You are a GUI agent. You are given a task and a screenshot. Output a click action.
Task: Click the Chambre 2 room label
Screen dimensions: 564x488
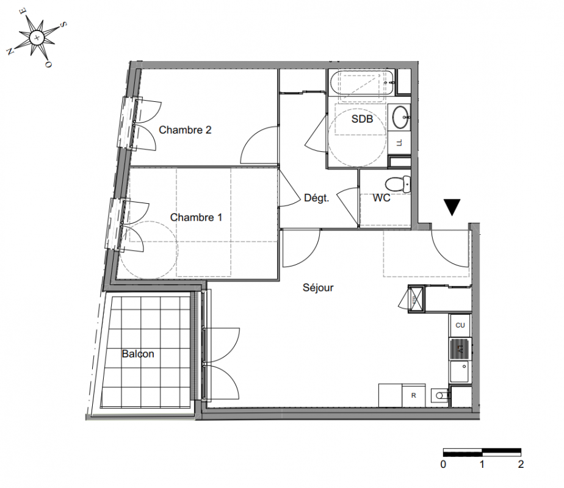point(185,130)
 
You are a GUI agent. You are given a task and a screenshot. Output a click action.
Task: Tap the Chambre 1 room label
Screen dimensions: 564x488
point(196,217)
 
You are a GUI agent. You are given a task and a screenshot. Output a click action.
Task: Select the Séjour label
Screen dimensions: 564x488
point(318,287)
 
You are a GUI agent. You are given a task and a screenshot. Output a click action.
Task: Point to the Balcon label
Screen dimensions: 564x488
point(138,354)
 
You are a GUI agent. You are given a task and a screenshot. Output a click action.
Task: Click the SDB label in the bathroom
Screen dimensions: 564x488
point(362,119)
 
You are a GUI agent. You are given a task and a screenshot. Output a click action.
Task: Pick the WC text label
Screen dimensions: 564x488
point(381,198)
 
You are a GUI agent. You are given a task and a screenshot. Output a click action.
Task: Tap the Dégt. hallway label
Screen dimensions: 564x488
point(317,198)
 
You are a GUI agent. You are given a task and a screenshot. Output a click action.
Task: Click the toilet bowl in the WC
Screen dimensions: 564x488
point(397,184)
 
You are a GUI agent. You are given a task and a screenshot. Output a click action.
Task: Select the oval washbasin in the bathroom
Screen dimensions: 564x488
point(400,117)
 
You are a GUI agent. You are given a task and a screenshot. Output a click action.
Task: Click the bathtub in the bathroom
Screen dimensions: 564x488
point(362,83)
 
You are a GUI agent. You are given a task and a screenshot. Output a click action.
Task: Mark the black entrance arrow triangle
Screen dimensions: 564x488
point(452,207)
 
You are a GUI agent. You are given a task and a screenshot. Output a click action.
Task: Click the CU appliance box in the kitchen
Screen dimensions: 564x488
point(460,325)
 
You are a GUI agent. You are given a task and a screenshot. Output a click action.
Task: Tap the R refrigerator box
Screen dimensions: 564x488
point(414,395)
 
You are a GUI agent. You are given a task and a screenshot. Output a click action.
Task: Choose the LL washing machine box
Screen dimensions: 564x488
point(399,143)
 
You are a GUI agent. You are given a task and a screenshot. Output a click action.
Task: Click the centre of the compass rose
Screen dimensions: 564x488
point(37,37)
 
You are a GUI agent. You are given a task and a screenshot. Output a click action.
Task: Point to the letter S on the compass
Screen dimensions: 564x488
point(63,24)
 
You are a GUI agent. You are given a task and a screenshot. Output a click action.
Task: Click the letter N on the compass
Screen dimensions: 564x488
point(10,51)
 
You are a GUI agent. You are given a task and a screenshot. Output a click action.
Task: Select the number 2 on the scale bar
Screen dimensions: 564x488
point(521,464)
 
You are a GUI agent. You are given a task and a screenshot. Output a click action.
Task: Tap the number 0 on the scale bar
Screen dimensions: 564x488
point(443,464)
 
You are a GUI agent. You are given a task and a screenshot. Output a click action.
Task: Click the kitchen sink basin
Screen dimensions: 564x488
point(460,372)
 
